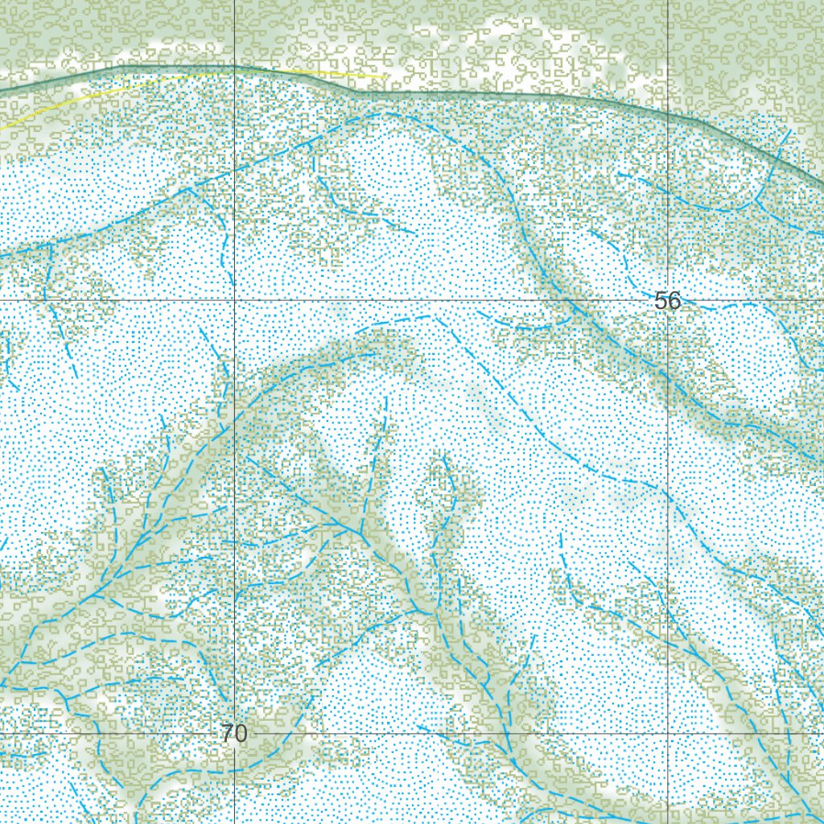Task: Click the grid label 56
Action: (668, 301)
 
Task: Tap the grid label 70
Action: (233, 734)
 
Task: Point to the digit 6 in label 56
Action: (674, 301)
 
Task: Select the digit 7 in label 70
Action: (227, 734)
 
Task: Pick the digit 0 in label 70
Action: (240, 734)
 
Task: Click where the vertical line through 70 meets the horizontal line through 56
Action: (234, 301)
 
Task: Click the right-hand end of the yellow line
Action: (385, 77)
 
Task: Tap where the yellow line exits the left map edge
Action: (1, 128)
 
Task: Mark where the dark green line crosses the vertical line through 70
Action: (234, 66)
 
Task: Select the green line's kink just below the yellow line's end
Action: (358, 92)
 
